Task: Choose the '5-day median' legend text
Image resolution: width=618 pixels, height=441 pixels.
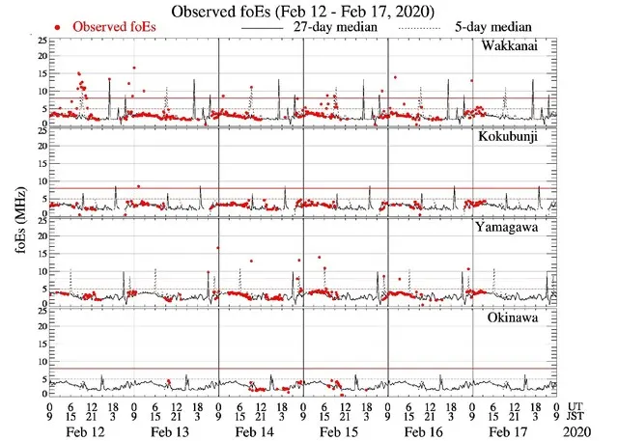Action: tap(502, 27)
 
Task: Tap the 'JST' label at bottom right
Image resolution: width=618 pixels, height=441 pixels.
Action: tap(577, 418)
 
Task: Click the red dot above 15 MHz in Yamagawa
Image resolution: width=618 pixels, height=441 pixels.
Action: tap(219, 248)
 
